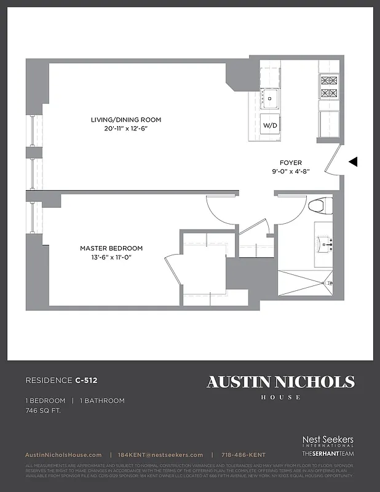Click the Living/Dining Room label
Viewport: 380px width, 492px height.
[126, 119]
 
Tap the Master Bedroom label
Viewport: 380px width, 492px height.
[111, 248]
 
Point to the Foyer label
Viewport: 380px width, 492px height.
[291, 163]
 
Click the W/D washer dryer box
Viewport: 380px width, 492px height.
[271, 125]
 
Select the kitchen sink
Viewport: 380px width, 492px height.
[271, 97]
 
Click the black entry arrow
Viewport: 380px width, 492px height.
[353, 162]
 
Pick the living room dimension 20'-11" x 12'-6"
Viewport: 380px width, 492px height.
[126, 129]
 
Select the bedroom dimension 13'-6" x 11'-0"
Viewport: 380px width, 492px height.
[111, 257]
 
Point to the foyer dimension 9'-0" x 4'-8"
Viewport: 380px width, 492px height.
[291, 172]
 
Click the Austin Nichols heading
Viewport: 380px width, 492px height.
[280, 382]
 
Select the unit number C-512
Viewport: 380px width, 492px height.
[87, 381]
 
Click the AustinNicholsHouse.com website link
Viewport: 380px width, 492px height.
[63, 454]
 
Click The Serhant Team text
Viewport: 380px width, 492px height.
[328, 453]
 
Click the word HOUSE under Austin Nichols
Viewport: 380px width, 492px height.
[280, 397]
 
